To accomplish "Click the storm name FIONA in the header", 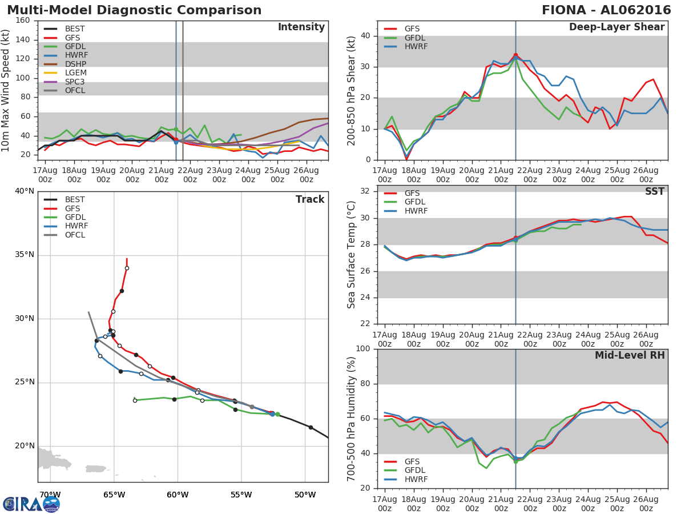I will [573, 10].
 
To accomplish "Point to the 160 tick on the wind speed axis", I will [23, 20].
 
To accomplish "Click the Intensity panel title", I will [301, 27].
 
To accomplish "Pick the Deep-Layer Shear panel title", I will [616, 27].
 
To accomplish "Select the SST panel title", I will [654, 192].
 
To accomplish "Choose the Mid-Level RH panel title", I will [630, 355].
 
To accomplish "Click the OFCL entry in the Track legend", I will [75, 235].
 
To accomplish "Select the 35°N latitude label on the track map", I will [24, 255].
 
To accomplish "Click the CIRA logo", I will [31, 504].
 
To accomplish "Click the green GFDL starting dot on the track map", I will [277, 414].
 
